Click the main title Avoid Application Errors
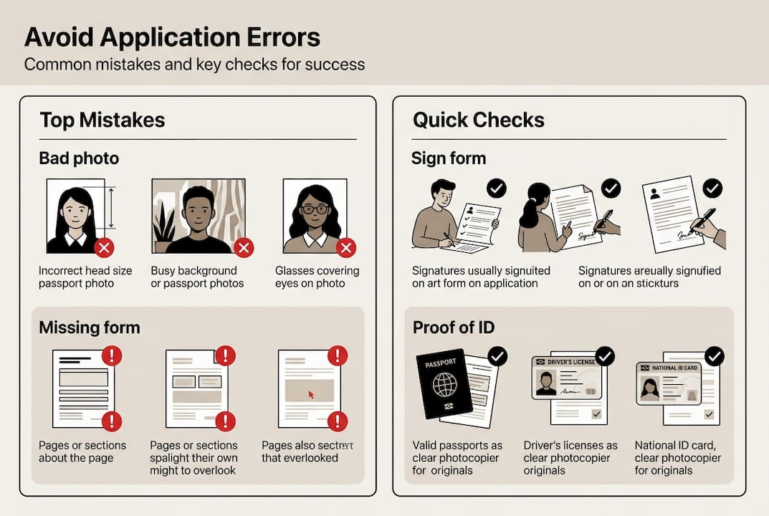click(172, 37)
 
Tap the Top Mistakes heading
click(102, 120)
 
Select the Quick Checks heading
click(478, 120)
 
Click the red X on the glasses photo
click(346, 248)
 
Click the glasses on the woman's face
click(315, 209)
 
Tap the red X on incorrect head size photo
click(105, 248)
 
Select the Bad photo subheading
click(79, 158)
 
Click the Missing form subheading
click(89, 328)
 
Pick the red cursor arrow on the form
click(311, 394)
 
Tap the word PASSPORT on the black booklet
click(440, 364)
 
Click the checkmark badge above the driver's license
click(605, 355)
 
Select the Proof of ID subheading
click(454, 328)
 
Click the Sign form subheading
click(448, 158)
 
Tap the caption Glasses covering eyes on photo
click(317, 277)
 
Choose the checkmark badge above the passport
click(497, 355)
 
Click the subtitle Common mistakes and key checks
click(194, 64)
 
